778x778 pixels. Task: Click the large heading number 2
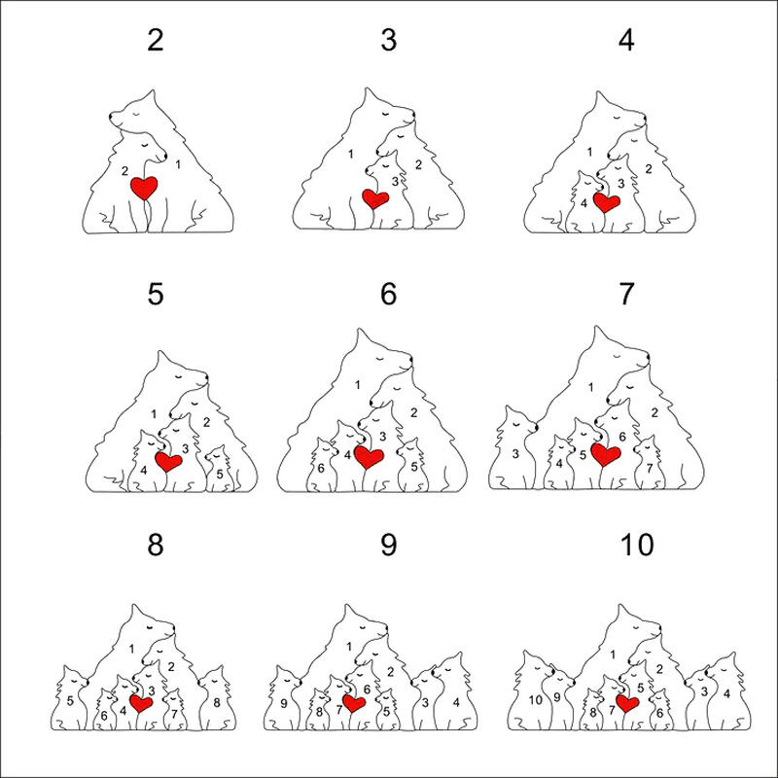156,40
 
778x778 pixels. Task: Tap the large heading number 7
626,294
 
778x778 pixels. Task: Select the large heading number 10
637,545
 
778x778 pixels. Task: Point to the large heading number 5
156,294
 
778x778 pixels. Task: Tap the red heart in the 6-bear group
369,457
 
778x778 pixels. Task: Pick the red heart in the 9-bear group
354,703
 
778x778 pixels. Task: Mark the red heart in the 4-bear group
607,202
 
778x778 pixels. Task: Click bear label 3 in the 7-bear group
515,453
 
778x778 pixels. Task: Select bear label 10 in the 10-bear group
536,700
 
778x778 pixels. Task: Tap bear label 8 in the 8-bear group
217,702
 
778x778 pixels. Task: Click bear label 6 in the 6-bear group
321,469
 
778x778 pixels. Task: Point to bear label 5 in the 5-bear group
220,475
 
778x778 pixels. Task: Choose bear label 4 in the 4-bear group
584,203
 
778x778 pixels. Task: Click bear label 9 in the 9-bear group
284,703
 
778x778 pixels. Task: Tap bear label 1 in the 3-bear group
351,155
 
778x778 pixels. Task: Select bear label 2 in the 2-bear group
125,171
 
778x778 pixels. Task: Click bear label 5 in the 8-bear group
70,701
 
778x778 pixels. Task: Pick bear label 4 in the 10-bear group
726,694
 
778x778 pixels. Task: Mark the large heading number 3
389,40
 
